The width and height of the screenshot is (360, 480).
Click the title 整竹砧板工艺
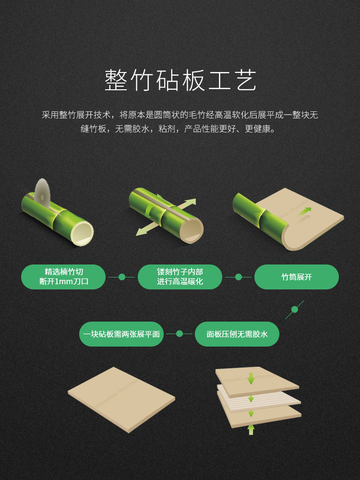coord(180,80)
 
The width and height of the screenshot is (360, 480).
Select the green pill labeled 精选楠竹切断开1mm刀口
coord(63,277)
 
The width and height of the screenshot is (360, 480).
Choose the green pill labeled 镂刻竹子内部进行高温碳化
coord(180,277)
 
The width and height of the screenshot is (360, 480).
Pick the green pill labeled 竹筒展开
coord(297,277)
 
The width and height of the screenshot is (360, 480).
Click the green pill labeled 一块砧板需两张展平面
coord(121,334)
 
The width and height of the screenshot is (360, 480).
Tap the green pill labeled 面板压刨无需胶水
coord(237,334)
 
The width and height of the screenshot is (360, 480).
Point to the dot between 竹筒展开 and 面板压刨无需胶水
coord(295,310)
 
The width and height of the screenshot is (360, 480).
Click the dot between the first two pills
coord(122,277)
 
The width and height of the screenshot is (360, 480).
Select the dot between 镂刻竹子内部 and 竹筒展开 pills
coord(239,277)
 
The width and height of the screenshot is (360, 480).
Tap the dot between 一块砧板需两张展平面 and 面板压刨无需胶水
coord(180,334)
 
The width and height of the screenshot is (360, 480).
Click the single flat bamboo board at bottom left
coord(122,399)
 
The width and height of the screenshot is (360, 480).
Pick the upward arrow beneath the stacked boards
coord(251,428)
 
